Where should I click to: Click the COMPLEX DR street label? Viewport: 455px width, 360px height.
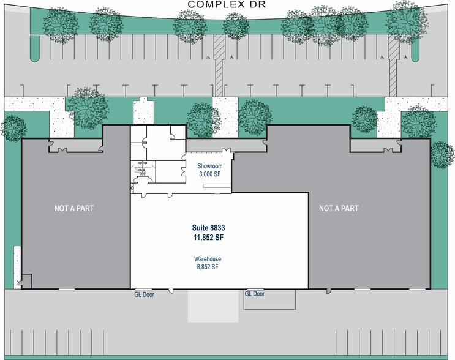[227, 4]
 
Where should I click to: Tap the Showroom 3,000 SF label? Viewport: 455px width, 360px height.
[210, 170]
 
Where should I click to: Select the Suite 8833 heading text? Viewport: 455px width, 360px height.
[209, 227]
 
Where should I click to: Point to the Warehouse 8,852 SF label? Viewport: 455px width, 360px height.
[208, 263]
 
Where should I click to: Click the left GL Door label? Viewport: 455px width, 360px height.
[144, 294]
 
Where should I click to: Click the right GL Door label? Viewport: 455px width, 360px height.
[255, 294]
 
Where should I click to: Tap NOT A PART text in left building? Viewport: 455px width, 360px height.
[74, 208]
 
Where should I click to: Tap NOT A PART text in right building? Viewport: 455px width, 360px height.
[339, 208]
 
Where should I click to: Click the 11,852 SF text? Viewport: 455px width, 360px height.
[209, 238]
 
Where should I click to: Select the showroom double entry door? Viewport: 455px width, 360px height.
[227, 150]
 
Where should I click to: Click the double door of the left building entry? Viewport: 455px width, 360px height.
[62, 150]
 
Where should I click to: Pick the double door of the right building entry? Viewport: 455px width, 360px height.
[388, 150]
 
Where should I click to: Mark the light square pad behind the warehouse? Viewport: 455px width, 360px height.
[213, 306]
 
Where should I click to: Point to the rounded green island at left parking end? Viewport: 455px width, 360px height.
[34, 49]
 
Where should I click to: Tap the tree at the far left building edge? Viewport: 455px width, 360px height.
[13, 129]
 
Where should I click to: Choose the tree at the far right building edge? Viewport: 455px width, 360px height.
[443, 155]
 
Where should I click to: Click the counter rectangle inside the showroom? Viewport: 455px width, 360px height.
[217, 186]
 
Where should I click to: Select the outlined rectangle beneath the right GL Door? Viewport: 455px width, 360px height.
[269, 299]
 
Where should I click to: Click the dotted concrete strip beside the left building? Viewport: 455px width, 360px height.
[17, 267]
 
